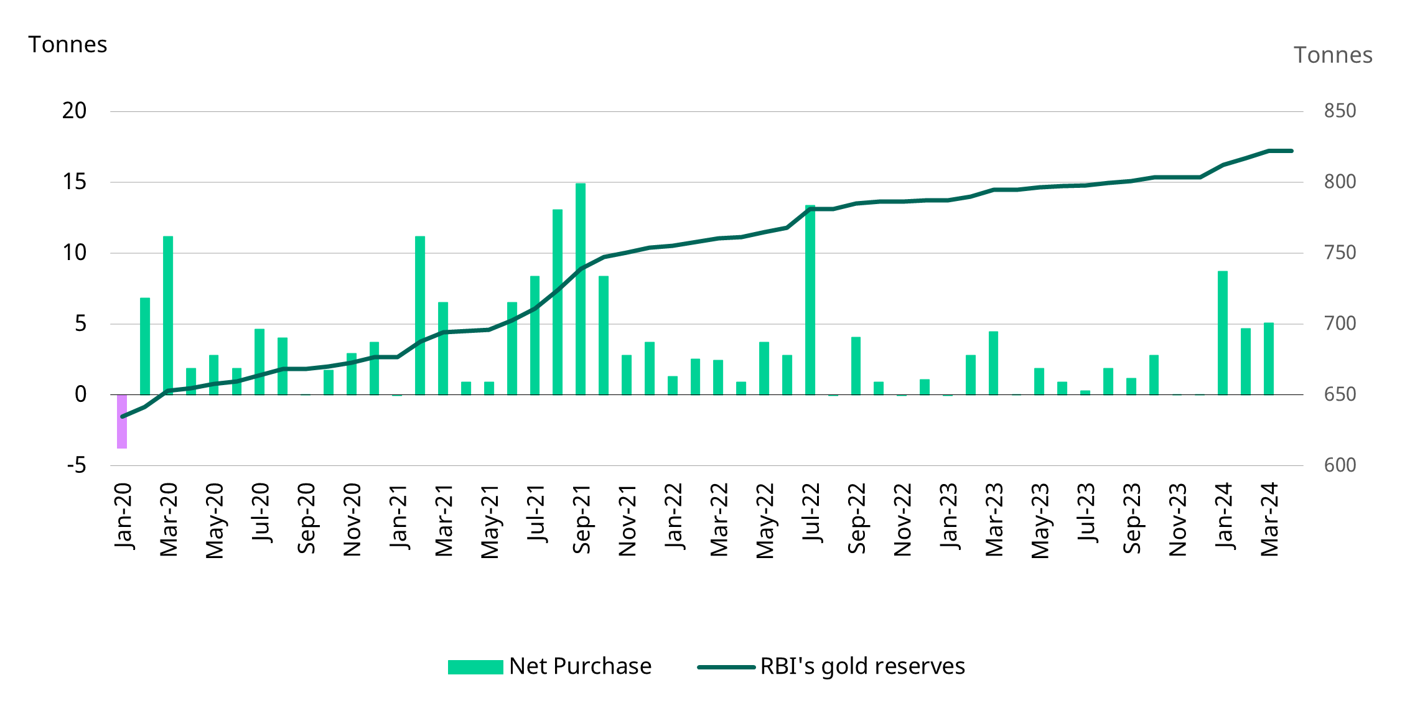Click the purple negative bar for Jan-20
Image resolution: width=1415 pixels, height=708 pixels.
pos(122,421)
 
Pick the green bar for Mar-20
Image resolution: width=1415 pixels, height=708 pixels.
pos(168,315)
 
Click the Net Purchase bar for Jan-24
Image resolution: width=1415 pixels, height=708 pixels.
pos(1223,332)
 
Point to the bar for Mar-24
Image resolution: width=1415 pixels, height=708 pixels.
pos(1269,358)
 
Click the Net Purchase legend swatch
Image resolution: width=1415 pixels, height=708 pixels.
pos(475,667)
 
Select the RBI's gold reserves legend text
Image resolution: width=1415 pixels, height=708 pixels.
pos(862,666)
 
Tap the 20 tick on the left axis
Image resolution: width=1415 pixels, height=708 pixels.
pos(74,111)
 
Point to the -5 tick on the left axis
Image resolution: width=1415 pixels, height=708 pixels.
pos(77,465)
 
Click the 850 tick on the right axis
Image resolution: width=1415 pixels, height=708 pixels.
pos(1340,111)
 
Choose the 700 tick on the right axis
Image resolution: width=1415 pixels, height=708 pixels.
pos(1340,324)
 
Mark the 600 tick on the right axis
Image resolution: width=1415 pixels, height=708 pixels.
pos(1340,465)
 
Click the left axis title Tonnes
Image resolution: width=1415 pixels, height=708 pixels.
pos(68,45)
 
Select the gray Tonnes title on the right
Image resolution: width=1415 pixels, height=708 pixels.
pos(1333,55)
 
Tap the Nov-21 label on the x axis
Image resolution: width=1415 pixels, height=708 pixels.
pos(627,520)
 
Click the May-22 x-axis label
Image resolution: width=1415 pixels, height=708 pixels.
pos(765,520)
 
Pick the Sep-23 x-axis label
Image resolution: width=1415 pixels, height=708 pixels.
pos(1132,518)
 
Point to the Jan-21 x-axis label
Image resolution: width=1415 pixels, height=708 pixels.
pos(398,517)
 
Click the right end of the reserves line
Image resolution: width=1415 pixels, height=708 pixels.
pos(1292,151)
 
